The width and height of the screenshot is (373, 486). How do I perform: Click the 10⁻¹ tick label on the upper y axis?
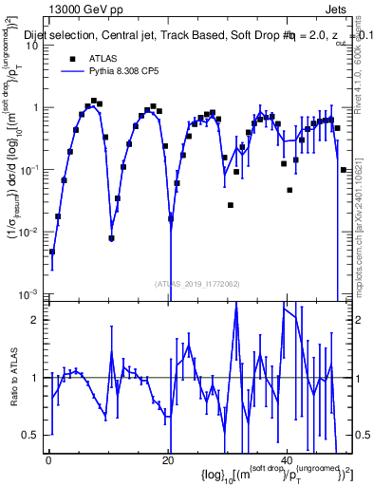[31, 169]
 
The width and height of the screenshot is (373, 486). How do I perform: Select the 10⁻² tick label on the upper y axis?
[31, 231]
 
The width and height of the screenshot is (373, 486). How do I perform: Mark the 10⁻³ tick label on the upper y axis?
[31, 292]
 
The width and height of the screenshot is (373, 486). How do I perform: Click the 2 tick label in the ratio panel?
[38, 320]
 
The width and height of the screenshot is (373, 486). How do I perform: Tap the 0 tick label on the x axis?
[48, 459]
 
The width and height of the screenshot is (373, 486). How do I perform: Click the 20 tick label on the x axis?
[168, 459]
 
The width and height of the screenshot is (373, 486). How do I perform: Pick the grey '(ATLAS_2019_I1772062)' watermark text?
[196, 283]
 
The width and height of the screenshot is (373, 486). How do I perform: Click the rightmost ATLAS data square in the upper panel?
[343, 170]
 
